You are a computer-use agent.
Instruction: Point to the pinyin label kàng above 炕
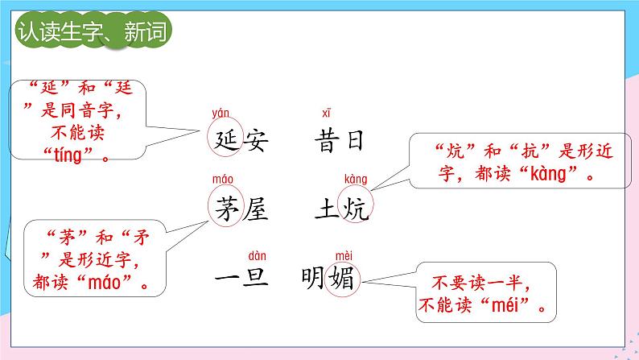point(355,179)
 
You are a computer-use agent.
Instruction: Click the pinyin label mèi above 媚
point(344,251)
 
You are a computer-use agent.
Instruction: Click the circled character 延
point(225,139)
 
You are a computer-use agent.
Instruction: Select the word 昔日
point(340,140)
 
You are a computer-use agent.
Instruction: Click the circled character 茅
point(225,208)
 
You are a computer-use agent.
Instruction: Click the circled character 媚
point(344,279)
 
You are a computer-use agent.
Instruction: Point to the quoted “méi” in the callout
point(514,306)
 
